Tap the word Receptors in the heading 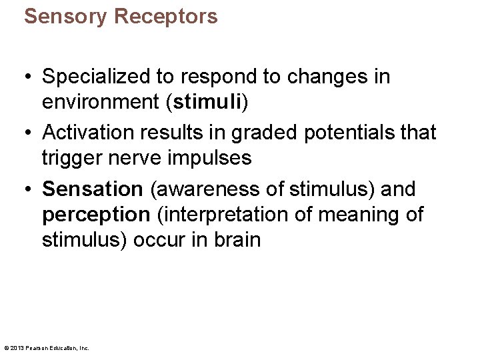pos(166,16)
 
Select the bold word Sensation pos(93,189)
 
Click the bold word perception pos(96,215)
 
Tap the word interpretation pos(225,215)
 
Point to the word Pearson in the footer pos(37,348)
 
